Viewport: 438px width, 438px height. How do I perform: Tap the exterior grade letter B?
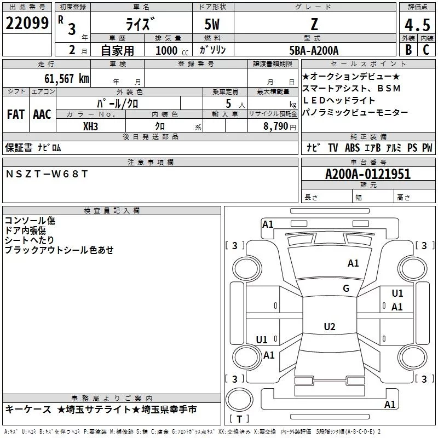[x=407, y=49]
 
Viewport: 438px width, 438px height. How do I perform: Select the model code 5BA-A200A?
[x=314, y=50]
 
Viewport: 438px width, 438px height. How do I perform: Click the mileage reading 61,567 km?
[x=61, y=79]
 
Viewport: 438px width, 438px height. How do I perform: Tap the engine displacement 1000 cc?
[x=171, y=50]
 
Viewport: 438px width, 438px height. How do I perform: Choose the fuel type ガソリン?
[x=213, y=50]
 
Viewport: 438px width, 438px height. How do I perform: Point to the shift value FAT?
[x=16, y=114]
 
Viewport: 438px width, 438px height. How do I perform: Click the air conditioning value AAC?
[x=42, y=114]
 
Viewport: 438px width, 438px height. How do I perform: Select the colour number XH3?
[x=91, y=126]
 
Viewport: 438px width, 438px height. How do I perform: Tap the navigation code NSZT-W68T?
[x=47, y=174]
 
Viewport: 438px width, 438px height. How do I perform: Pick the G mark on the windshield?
[x=346, y=289]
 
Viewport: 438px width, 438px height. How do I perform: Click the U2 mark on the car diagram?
[x=329, y=327]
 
